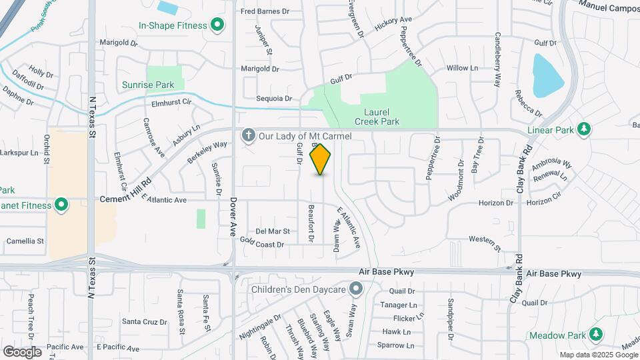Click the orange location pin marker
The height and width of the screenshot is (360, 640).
(321, 159)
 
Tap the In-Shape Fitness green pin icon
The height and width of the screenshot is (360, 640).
(217, 26)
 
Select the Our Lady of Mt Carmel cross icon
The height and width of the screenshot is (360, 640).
(249, 136)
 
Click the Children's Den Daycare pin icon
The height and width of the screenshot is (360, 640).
(357, 289)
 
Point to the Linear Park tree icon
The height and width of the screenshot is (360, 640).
(584, 129)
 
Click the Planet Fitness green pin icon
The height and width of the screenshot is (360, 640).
(61, 205)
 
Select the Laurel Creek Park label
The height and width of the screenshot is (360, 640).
(382, 117)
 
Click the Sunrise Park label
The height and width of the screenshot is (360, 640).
(148, 85)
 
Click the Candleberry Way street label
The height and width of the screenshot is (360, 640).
(497, 60)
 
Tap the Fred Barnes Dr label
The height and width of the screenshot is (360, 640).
(265, 11)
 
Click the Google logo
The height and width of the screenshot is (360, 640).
(22, 352)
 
